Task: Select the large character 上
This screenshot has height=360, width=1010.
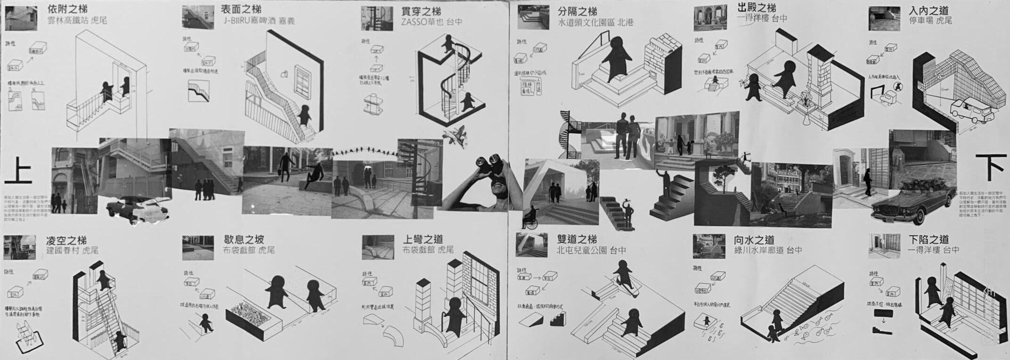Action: [x=18, y=171]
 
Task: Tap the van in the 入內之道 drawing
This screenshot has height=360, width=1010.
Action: [x=970, y=111]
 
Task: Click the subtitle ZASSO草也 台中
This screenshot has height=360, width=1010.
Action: [x=432, y=22]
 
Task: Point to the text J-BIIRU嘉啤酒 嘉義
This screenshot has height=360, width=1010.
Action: [x=259, y=21]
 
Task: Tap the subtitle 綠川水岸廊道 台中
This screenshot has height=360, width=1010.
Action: [x=768, y=250]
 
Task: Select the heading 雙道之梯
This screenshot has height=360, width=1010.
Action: [x=577, y=239]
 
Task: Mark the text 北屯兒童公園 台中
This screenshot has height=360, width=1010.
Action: [x=591, y=250]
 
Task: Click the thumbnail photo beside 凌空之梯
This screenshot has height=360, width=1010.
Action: [x=20, y=247]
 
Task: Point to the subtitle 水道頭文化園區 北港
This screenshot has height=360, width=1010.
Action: [x=595, y=22]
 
